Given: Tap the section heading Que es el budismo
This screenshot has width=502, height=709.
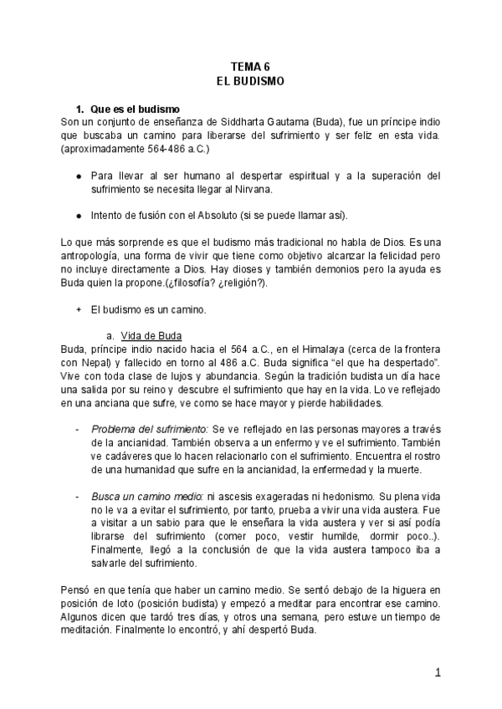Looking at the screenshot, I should pyautogui.click(x=135, y=110).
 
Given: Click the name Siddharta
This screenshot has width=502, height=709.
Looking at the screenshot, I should pyautogui.click(x=256, y=122).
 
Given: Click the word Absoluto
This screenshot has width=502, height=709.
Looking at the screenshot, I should pyautogui.click(x=222, y=215).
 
